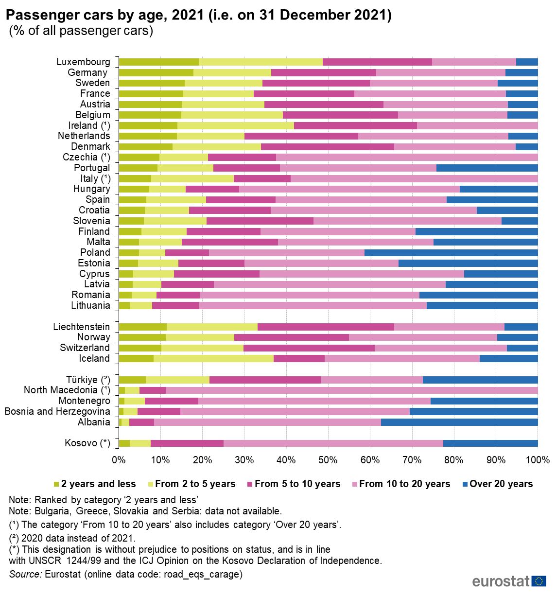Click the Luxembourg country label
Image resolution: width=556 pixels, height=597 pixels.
point(83,62)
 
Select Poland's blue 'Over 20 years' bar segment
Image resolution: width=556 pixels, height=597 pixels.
point(451,253)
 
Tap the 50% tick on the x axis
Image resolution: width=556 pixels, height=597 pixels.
point(328,460)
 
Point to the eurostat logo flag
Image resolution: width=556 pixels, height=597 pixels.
point(539,581)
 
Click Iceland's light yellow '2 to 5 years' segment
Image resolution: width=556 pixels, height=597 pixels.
point(213,359)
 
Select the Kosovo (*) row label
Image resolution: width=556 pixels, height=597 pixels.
point(87,443)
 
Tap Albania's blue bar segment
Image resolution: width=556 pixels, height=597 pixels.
point(459,422)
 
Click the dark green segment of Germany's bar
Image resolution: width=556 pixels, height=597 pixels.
point(156,72)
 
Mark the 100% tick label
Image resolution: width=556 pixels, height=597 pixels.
point(538,460)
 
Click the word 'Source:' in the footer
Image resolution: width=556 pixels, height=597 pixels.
point(25,574)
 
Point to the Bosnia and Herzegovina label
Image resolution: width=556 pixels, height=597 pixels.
point(57,411)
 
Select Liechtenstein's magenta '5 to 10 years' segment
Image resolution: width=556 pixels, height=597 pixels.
point(326,327)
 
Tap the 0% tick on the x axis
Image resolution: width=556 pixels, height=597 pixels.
point(119,460)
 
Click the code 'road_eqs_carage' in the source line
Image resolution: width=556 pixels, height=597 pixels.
point(203,574)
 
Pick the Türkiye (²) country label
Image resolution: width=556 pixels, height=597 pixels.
point(88,380)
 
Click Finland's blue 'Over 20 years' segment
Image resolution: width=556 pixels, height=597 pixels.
point(476,231)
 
